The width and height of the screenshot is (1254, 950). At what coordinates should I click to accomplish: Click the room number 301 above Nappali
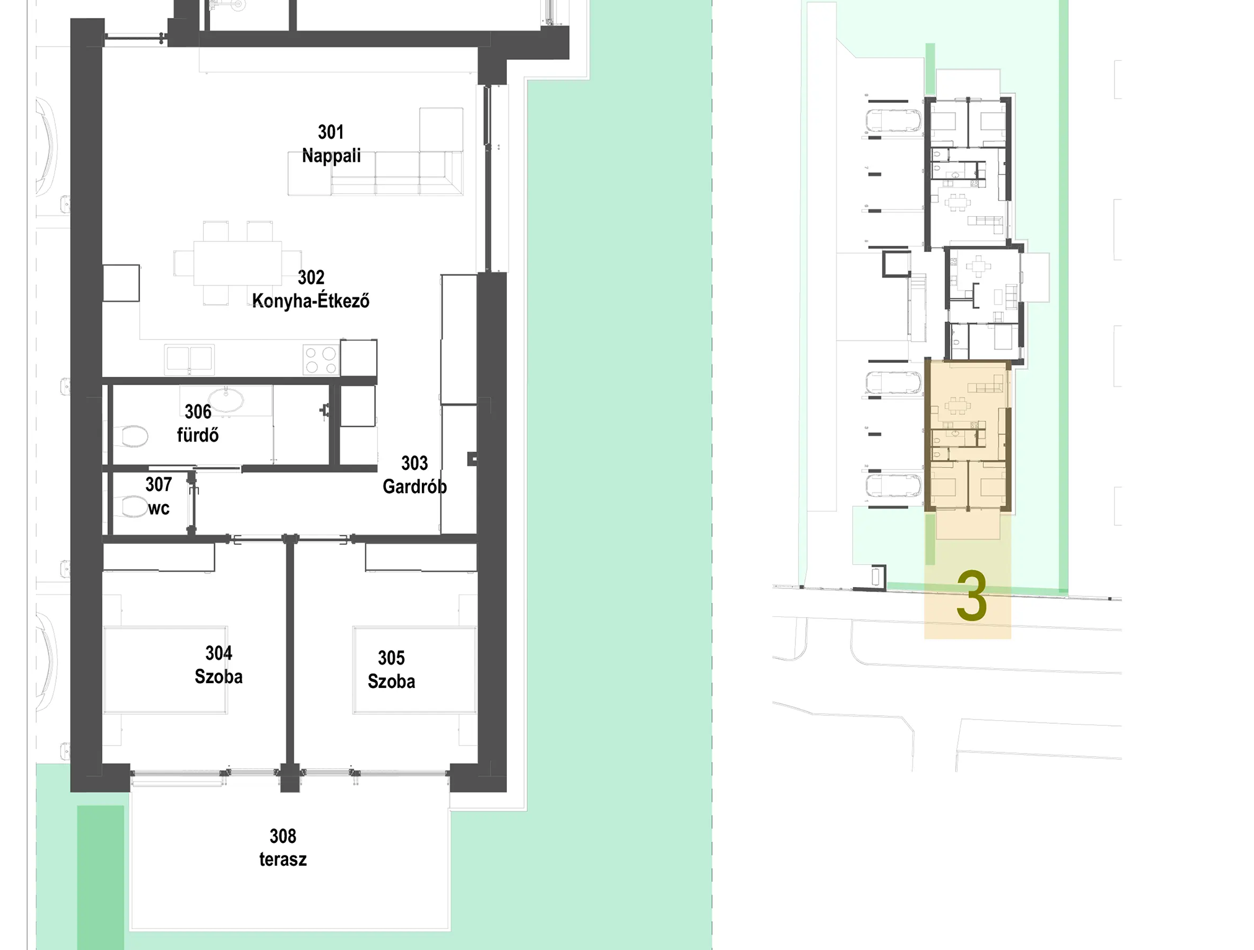tap(331, 132)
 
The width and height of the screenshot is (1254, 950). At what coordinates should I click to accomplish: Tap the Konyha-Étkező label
tap(310, 301)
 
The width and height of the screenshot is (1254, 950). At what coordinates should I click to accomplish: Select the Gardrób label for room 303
tap(414, 487)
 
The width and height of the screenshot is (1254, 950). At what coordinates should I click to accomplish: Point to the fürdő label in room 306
tap(198, 435)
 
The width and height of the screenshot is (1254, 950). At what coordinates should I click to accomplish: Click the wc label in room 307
tap(159, 508)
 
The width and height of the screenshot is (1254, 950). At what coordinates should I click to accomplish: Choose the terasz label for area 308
tap(283, 860)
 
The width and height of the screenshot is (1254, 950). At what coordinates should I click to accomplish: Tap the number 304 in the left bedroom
tap(219, 653)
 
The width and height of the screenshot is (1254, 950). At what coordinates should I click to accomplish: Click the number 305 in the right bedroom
tap(391, 658)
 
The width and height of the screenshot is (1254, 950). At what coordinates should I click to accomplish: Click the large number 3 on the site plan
tap(971, 596)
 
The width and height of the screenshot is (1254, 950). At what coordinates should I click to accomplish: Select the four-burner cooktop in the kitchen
tap(321, 360)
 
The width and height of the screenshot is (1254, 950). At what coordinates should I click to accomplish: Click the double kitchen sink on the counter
tap(190, 359)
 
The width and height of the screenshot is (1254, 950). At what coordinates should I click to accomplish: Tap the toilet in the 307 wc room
tap(131, 507)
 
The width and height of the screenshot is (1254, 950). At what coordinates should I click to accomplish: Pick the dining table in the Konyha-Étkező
tap(238, 263)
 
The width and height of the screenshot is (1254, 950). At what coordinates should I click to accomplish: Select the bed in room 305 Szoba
tap(414, 670)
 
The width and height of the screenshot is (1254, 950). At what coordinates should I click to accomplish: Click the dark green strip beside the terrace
tap(100, 877)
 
